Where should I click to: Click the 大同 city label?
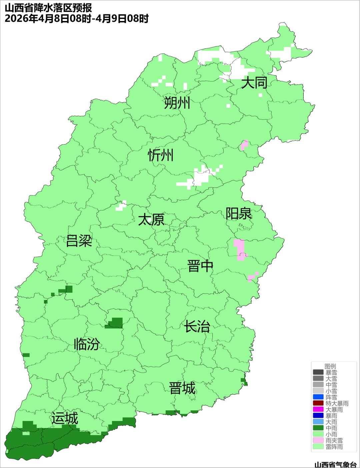tap(254, 82)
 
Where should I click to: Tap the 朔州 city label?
tap(177, 103)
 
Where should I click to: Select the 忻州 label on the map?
tap(161, 155)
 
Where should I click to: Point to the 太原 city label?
tap(151, 220)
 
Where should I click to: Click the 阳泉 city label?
tap(239, 214)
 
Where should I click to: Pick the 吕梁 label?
tap(79, 241)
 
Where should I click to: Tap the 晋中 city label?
tap(200, 266)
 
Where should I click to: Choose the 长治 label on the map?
tap(197, 326)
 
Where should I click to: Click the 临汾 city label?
tap(87, 344)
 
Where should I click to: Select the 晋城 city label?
tap(182, 388)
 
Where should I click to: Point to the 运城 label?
tap(65, 418)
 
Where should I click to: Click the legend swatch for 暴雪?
tap(318, 372)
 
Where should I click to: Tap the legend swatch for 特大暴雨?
tap(318, 403)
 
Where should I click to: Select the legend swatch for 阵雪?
tap(318, 397)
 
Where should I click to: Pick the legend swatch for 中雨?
tap(318, 428)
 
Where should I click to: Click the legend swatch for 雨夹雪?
tap(318, 440)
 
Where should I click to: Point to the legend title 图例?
tap(330, 366)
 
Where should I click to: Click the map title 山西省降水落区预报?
tap(48, 8)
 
